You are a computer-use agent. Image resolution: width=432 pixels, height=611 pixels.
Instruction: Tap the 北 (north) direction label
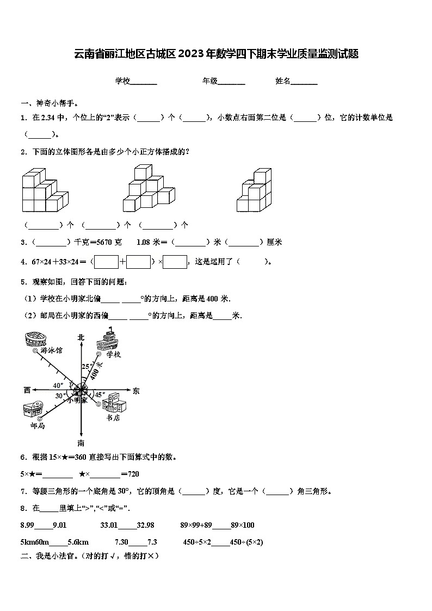[x=81, y=337]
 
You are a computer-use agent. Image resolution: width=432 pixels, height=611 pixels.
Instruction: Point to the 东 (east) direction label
[x=136, y=390]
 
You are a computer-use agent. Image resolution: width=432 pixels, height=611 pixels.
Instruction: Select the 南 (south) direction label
[x=81, y=442]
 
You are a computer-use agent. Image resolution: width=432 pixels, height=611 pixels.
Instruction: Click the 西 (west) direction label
[x=27, y=390]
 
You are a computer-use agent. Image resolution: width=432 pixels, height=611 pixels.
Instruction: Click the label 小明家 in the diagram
[x=77, y=400]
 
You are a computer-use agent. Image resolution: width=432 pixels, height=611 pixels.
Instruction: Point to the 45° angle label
[x=100, y=394]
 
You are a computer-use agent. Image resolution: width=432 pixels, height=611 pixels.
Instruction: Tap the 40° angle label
[x=58, y=385]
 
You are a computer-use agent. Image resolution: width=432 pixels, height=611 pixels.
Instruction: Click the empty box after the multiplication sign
[x=175, y=262]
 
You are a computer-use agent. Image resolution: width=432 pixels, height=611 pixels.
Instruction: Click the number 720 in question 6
[x=133, y=474]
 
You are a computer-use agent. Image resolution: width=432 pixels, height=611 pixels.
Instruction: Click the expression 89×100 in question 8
[x=242, y=525]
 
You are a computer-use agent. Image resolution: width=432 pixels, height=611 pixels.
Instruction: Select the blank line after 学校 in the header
[x=144, y=82]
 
